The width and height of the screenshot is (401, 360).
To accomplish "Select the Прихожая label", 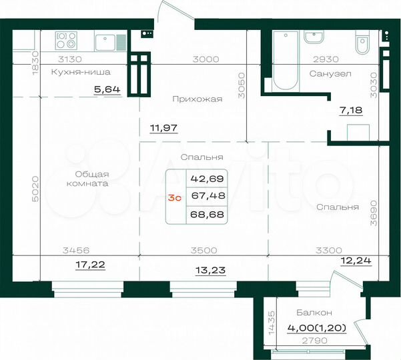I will coord(196,99).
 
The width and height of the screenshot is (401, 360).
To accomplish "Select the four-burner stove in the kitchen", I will coord(67,41).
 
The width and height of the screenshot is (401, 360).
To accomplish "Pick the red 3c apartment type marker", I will coord(175,198).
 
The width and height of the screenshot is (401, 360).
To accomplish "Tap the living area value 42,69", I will coord(207,179).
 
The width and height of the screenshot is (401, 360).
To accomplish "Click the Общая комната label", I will coord(87,179).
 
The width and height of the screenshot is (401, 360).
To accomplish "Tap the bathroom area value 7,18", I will coord(350,111).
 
